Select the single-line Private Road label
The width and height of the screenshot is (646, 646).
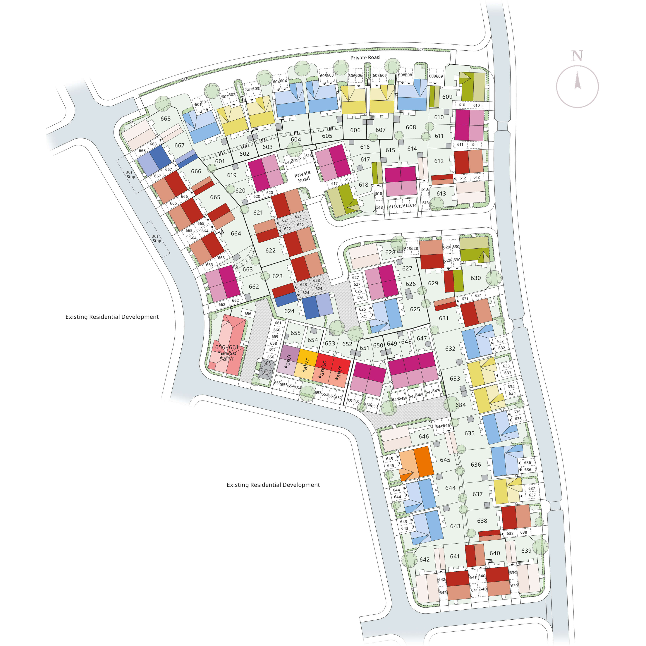pyautogui.click(x=365, y=58)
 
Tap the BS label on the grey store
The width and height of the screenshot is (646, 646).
pyautogui.click(x=266, y=372)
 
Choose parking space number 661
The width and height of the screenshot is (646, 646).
pyautogui.click(x=278, y=323)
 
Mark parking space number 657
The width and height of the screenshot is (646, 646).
pyautogui.click(x=272, y=350)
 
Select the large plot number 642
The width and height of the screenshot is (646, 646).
pyautogui.click(x=424, y=559)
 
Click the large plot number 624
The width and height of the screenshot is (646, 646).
pyautogui.click(x=289, y=311)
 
